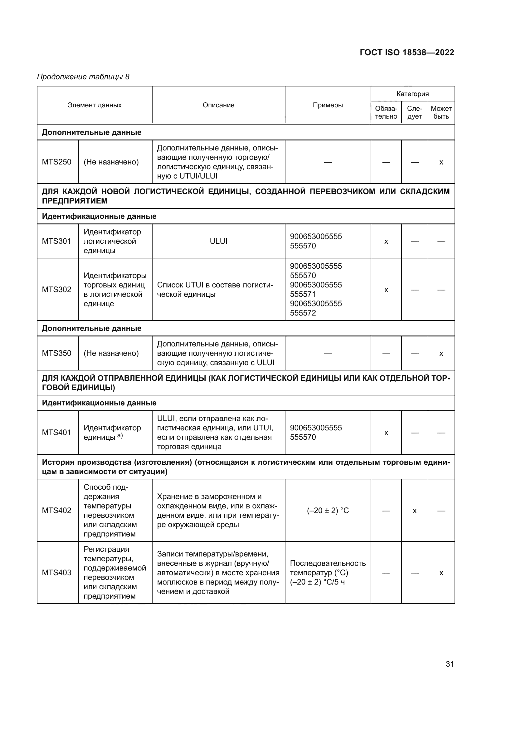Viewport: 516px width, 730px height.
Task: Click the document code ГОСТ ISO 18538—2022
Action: (407, 52)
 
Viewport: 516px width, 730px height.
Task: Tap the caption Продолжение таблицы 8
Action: (83, 77)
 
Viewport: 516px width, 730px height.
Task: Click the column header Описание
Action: (218, 105)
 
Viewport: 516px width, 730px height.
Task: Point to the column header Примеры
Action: (328, 105)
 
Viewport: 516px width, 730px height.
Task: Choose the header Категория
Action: (412, 94)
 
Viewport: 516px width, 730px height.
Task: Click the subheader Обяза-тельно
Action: (386, 113)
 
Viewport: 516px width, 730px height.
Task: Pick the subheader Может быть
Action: (441, 113)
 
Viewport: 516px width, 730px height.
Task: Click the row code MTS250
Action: (56, 162)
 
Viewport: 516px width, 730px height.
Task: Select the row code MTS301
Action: (56, 241)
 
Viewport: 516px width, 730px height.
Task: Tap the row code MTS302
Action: (56, 289)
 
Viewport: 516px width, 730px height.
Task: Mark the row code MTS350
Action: (56, 353)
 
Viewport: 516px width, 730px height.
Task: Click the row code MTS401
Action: (56, 432)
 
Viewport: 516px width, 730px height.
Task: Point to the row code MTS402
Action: (56, 510)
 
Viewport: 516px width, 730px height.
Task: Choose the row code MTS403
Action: (56, 572)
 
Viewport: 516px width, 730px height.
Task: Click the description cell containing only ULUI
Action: (218, 241)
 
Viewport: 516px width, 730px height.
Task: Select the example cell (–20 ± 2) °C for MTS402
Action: (328, 511)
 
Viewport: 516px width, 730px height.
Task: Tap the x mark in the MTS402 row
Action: (414, 511)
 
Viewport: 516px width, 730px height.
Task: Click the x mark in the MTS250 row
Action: (441, 163)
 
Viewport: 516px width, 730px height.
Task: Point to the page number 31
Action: (450, 664)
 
